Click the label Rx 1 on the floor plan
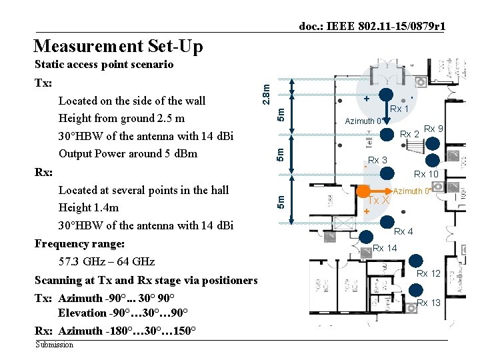tap(399, 108)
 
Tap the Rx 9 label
tap(434, 129)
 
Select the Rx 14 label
tap(385, 248)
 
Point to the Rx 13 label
tap(429, 303)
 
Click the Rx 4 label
tap(403, 231)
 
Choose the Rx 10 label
tap(426, 174)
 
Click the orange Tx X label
tap(379, 201)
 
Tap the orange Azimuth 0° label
tap(413, 191)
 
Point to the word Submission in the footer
tap(55, 345)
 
